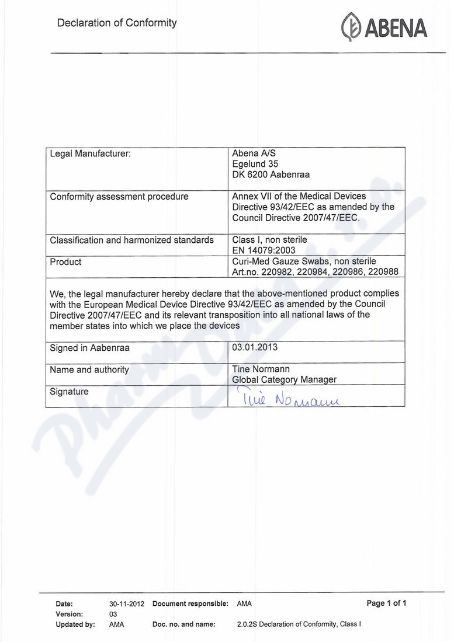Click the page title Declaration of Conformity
pos(117,23)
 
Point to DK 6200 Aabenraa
pos(271,175)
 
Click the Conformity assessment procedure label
pos(119,197)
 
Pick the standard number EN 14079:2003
pos(263,250)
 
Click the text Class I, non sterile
pos(269,239)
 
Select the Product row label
pos(65,262)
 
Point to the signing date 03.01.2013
pos(255,347)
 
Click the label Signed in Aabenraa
pos(89,348)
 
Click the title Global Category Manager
pos(284,379)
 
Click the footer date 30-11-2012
pos(126,604)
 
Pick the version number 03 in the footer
pos(113,614)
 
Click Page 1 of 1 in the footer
pos(386,603)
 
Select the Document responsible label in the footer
pos(190,604)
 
